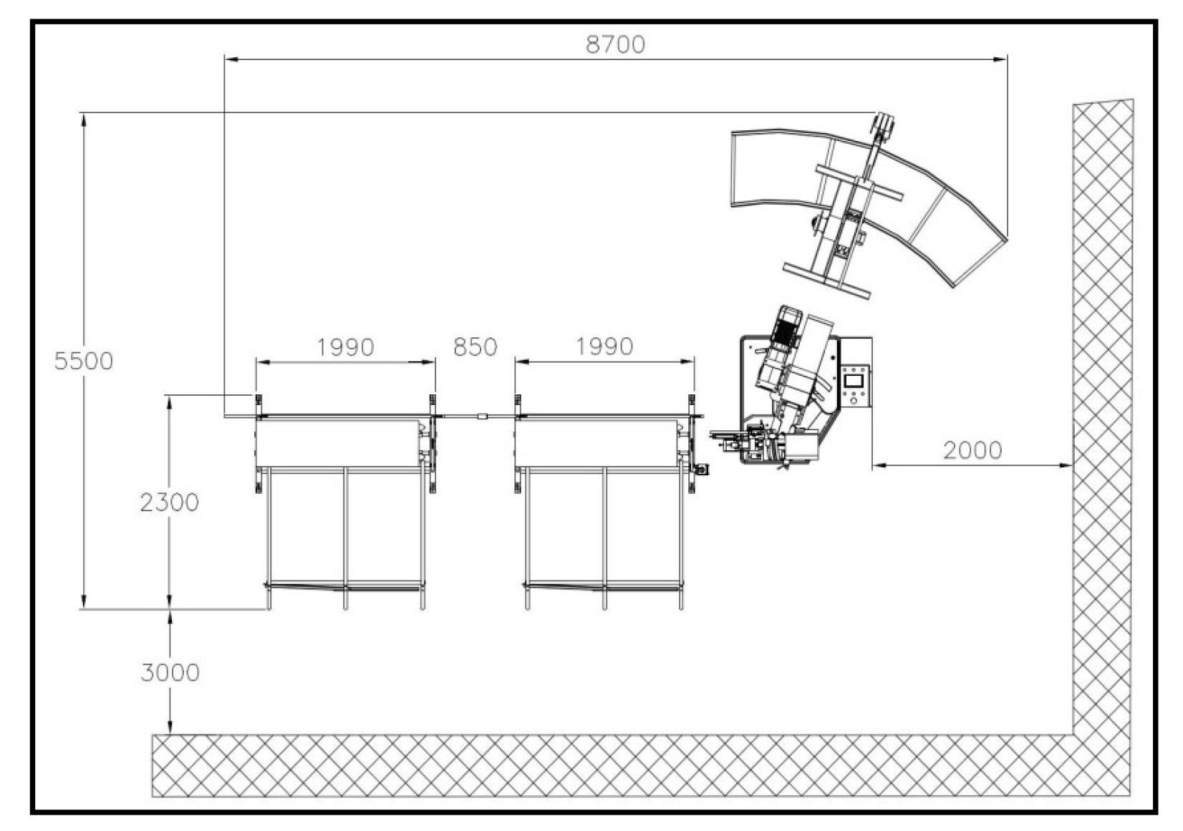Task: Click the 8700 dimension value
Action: [x=615, y=45]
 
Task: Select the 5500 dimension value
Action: [x=84, y=361]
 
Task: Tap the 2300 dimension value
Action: [x=169, y=502]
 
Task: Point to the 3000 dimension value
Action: [x=170, y=672]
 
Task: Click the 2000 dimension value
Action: [x=972, y=450]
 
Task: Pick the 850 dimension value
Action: [x=475, y=347]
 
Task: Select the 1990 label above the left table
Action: [x=345, y=347]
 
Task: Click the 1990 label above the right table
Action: [x=604, y=346]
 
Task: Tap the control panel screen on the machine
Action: [x=854, y=380]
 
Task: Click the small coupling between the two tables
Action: [x=482, y=416]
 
